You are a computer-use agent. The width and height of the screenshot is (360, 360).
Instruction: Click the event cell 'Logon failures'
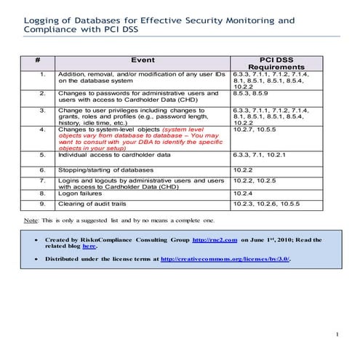click(x=81, y=194)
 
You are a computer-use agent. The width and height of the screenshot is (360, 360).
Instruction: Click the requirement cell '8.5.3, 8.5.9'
click(x=252, y=93)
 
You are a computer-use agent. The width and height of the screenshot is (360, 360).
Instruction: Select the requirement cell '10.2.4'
click(x=244, y=194)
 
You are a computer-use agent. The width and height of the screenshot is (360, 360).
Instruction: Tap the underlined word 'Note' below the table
click(x=31, y=219)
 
